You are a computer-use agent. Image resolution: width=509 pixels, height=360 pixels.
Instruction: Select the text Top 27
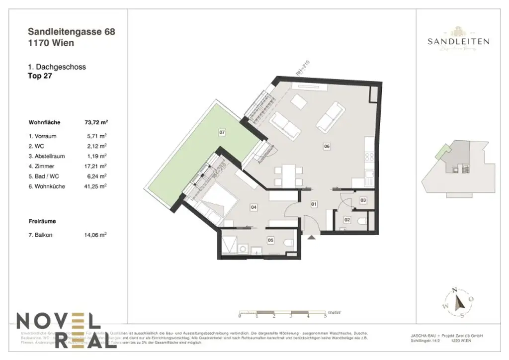41,76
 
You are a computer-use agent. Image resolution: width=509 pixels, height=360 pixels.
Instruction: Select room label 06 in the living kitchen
327,146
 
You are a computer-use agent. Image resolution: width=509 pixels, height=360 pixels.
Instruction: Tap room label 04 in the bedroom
253,207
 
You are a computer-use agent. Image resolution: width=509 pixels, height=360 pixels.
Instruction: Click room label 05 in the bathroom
270,240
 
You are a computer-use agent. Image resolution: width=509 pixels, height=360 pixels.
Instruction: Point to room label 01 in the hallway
314,204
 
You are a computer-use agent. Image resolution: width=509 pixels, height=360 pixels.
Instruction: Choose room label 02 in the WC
347,219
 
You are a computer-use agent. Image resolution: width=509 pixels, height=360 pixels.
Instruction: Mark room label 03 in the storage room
363,200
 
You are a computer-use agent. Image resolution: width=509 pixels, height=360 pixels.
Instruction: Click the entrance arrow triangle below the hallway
311,238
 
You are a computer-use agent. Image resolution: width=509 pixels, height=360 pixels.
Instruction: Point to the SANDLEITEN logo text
458,42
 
